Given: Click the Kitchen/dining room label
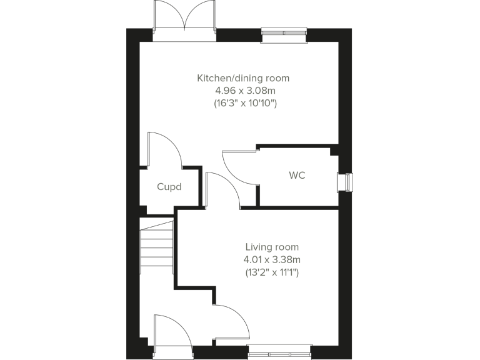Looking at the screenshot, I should (243, 78).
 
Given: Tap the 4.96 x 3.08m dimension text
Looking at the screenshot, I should (243, 91).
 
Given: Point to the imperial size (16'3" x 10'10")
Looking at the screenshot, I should (243, 103).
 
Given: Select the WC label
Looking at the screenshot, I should (297, 175).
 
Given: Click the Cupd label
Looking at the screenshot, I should (169, 186).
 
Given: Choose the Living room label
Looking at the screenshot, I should (272, 247).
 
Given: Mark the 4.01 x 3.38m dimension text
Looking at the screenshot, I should (272, 259).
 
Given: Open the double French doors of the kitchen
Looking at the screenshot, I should (184, 19).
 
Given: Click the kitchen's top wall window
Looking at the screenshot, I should (284, 34).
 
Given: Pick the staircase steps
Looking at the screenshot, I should (156, 247).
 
